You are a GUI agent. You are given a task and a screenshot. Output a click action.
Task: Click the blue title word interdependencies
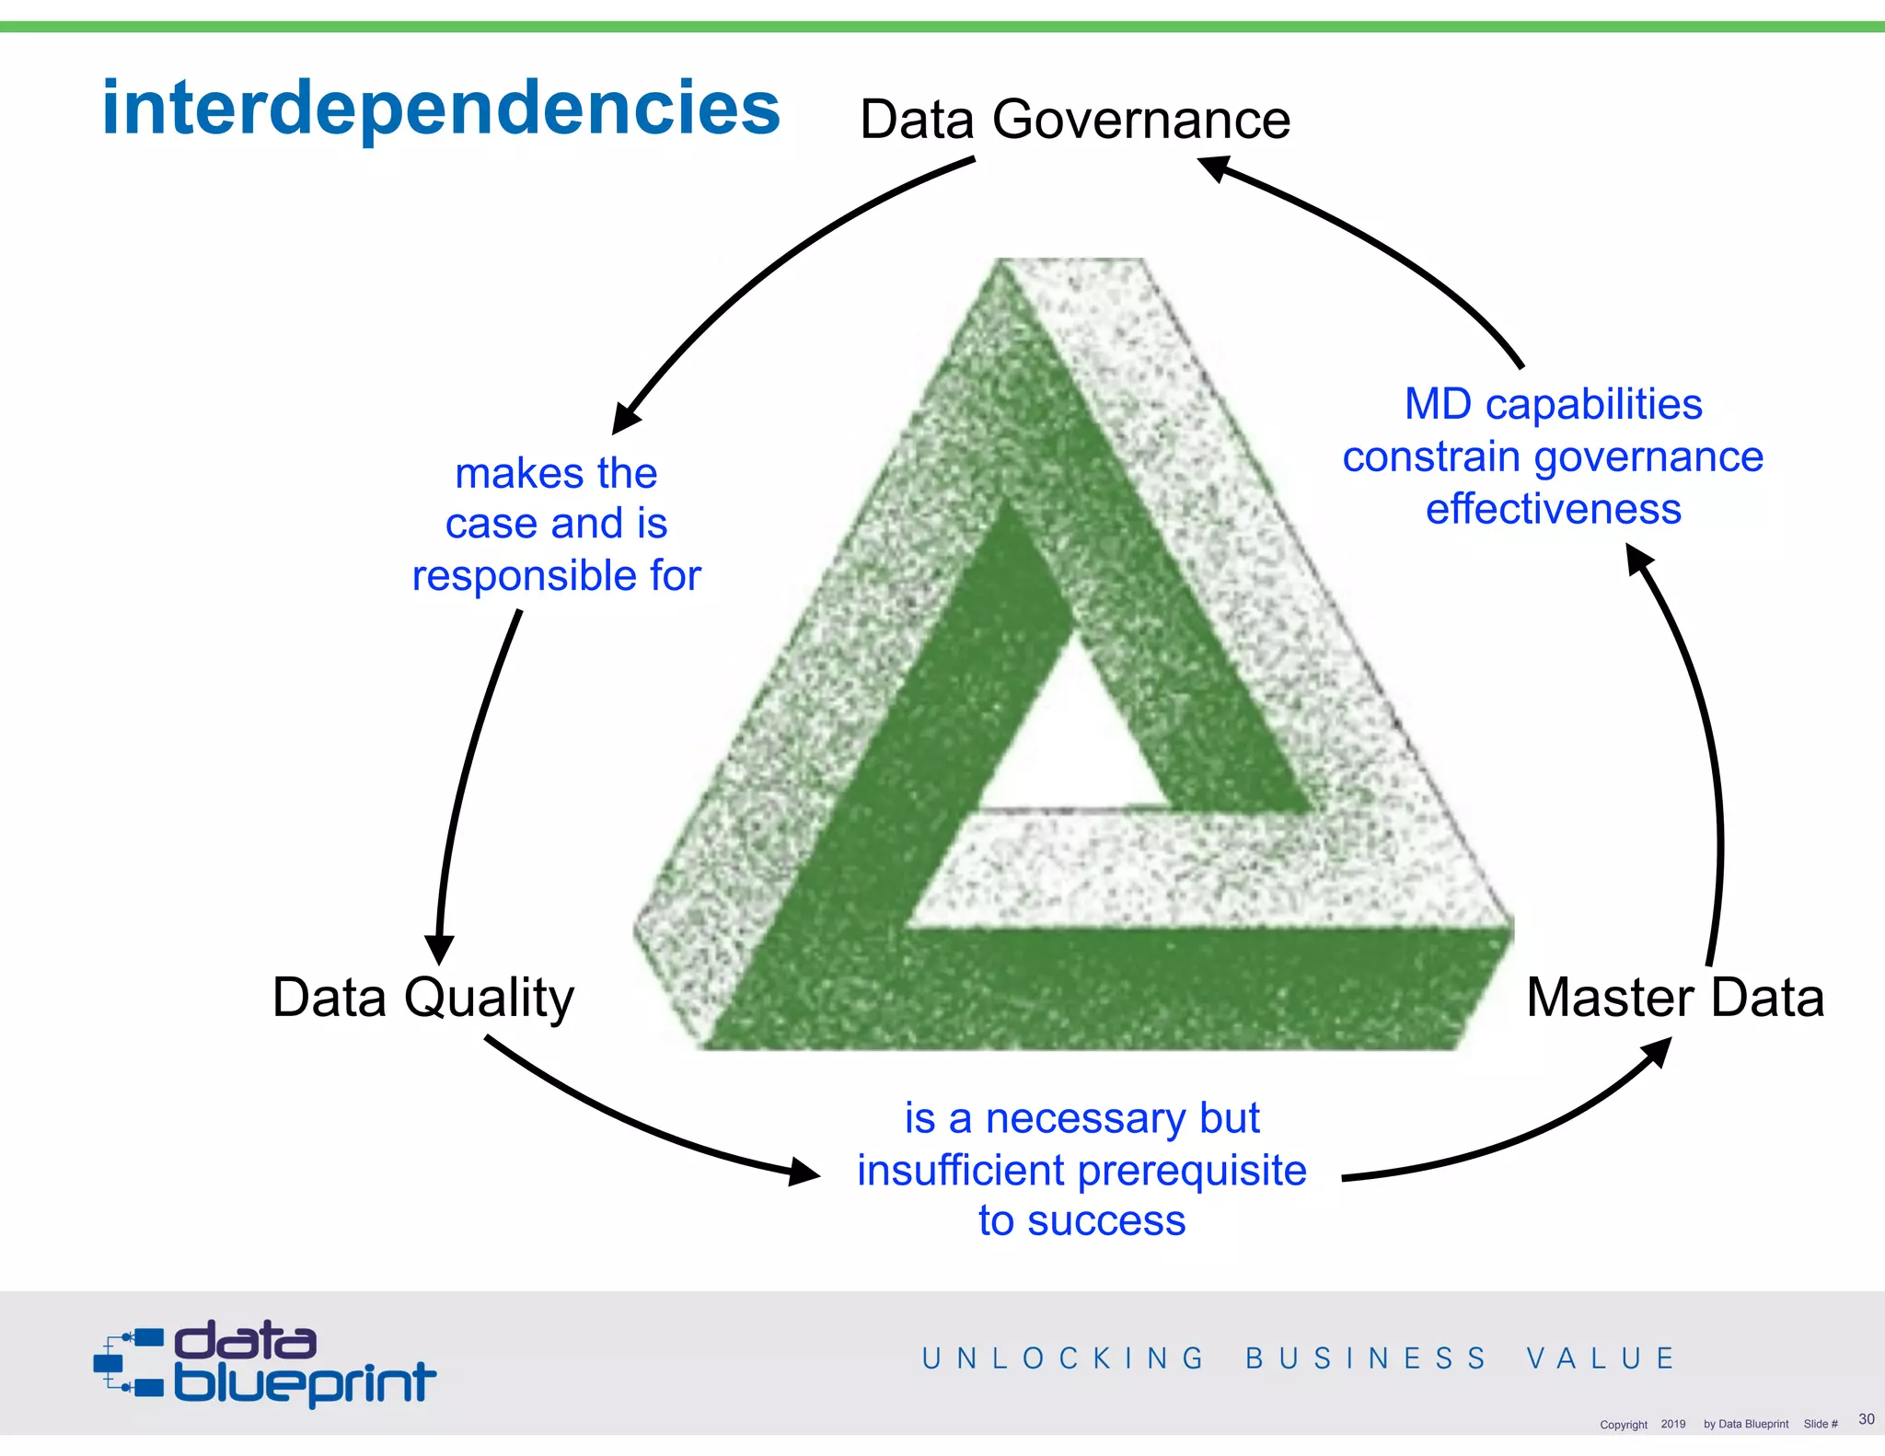pos(440,109)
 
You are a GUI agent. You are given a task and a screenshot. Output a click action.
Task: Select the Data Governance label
pos(1074,120)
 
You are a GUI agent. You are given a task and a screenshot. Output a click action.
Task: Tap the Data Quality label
pos(423,998)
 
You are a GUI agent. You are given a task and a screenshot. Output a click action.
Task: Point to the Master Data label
pos(1674,998)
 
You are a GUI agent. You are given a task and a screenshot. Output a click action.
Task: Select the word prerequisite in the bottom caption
pos(1191,1171)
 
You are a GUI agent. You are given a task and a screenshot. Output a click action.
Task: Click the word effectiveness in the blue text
pos(1553,509)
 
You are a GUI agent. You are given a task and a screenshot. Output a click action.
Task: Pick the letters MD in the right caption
pos(1438,404)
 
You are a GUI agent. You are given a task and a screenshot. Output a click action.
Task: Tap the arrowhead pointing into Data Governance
pos(1215,168)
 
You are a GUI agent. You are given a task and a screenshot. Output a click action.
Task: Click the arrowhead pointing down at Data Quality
pos(439,948)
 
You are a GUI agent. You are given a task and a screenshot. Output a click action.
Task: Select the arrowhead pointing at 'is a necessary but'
pos(803,1173)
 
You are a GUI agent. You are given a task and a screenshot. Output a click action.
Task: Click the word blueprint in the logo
pos(304,1383)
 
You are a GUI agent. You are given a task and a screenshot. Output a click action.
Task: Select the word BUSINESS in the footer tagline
pos(1366,1358)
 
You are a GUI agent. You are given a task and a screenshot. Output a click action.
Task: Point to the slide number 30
pos(1866,1419)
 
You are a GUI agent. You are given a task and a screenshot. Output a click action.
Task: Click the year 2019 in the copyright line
pos(1672,1424)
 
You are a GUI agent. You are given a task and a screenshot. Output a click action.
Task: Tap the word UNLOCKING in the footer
pos(1063,1358)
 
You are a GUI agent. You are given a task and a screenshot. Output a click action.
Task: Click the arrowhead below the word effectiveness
pos(1639,558)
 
